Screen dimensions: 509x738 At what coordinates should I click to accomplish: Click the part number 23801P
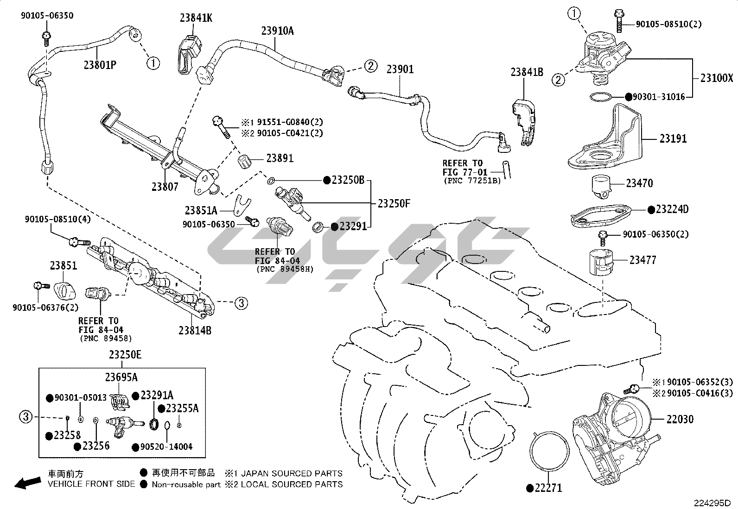[x=100, y=65]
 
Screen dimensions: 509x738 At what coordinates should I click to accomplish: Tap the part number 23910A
[x=277, y=31]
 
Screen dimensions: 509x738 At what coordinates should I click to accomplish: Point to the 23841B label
[x=527, y=72]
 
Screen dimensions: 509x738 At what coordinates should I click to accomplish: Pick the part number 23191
[x=673, y=138]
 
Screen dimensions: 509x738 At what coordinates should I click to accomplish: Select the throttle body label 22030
[x=680, y=419]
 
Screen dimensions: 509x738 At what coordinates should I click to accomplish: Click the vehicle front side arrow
[x=27, y=483]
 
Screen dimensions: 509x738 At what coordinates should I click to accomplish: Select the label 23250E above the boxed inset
[x=125, y=355]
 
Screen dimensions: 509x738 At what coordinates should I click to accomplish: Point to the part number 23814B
[x=195, y=330]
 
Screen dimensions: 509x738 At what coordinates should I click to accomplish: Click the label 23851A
[x=201, y=210]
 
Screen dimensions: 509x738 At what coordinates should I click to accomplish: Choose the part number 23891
[x=280, y=158]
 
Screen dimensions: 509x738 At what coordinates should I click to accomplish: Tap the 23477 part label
[x=643, y=260]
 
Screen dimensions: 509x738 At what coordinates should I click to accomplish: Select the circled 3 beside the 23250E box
[x=26, y=417]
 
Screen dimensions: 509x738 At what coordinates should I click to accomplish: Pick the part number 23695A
[x=121, y=377]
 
